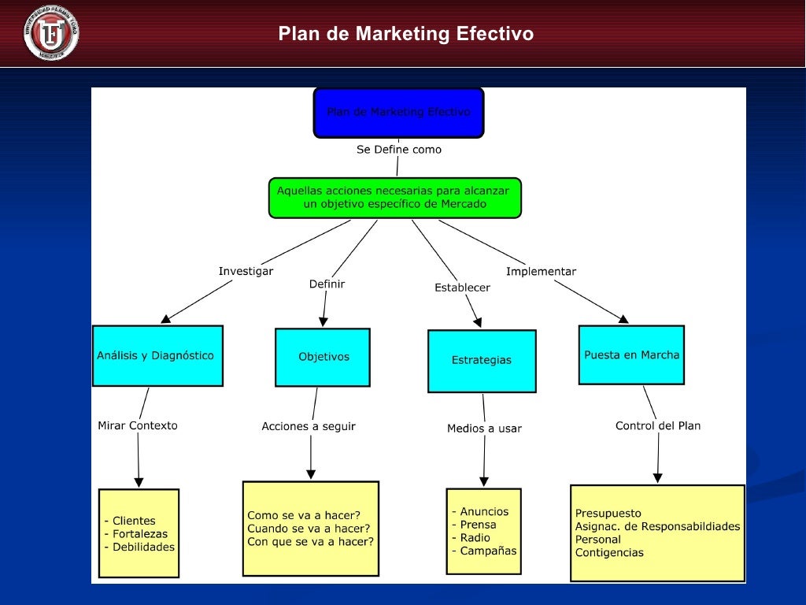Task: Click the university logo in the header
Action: click(x=51, y=33)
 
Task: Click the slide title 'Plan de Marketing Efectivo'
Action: click(x=405, y=35)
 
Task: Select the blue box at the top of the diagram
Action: click(x=398, y=113)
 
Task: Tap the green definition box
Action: click(x=394, y=197)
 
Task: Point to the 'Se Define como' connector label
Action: click(x=399, y=150)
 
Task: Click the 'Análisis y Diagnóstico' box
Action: click(x=157, y=355)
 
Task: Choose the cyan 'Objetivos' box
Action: click(x=323, y=357)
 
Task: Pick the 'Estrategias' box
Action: click(x=481, y=360)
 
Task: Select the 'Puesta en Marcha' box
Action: click(x=631, y=354)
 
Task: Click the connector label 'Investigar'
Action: click(x=246, y=271)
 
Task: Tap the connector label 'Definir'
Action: click(x=327, y=284)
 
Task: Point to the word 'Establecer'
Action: click(x=462, y=288)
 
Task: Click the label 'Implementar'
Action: click(x=541, y=271)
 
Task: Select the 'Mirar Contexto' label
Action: click(x=138, y=425)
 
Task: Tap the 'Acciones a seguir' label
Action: click(x=309, y=426)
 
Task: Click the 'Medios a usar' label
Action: click(x=484, y=429)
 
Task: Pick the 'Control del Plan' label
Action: click(x=657, y=425)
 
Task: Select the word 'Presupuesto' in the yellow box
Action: click(x=608, y=514)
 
